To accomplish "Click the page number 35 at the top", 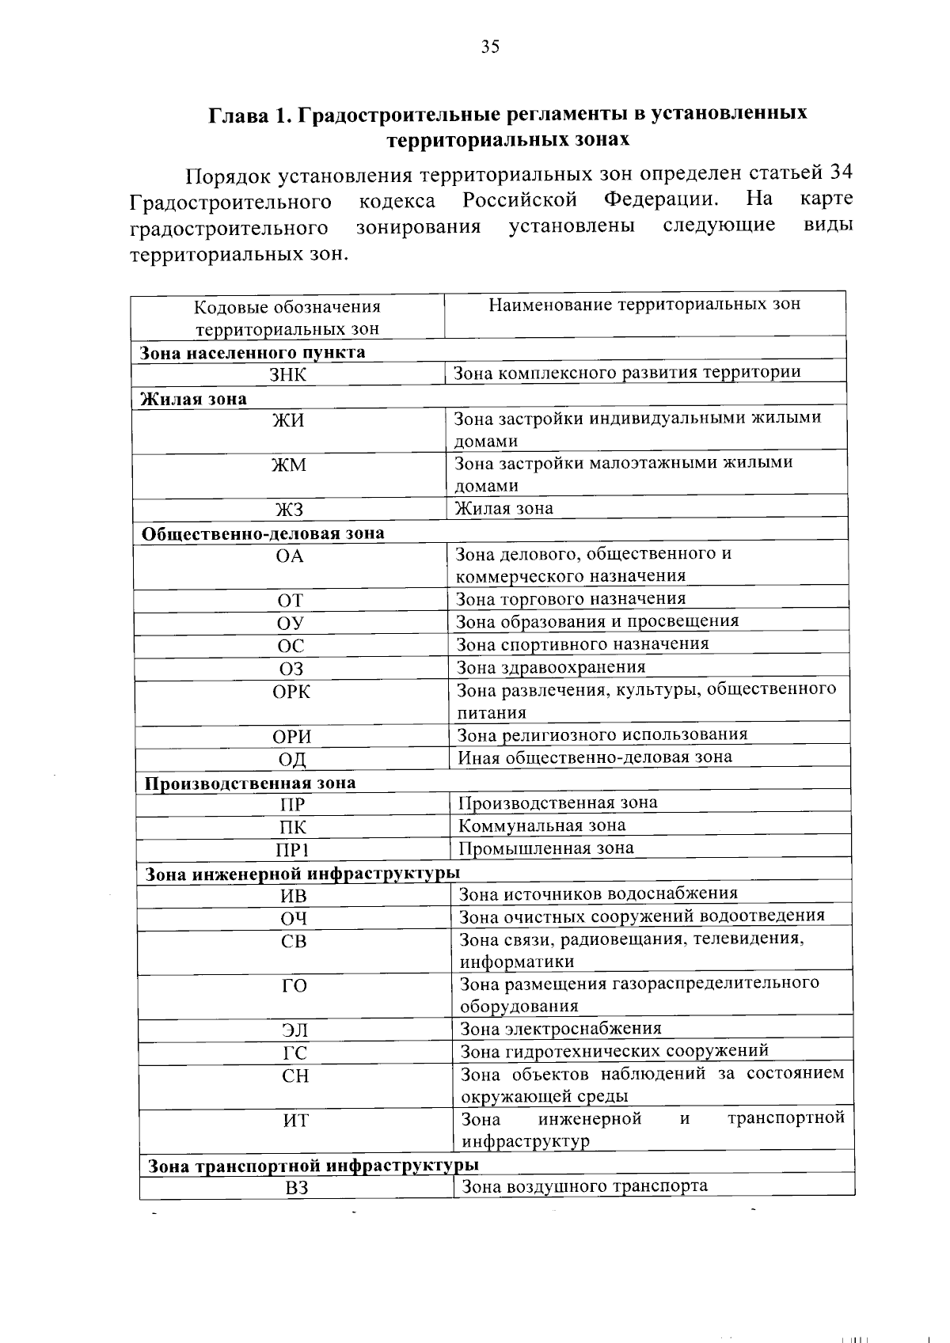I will click(490, 47).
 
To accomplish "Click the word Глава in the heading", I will click(237, 114).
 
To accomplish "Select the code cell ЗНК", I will click(287, 374).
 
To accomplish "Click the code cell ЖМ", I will click(289, 465).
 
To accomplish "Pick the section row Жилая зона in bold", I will click(193, 399).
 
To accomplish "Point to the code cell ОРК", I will click(291, 692).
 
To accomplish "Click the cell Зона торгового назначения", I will click(571, 599).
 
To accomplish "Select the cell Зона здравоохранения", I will click(551, 667).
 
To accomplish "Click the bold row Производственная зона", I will click(249, 783).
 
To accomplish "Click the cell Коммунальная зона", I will click(542, 825).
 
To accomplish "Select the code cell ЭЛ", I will click(294, 1030).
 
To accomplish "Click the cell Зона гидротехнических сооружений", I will click(614, 1051).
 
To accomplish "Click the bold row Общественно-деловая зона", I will click(262, 533).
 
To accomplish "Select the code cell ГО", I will click(294, 986).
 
